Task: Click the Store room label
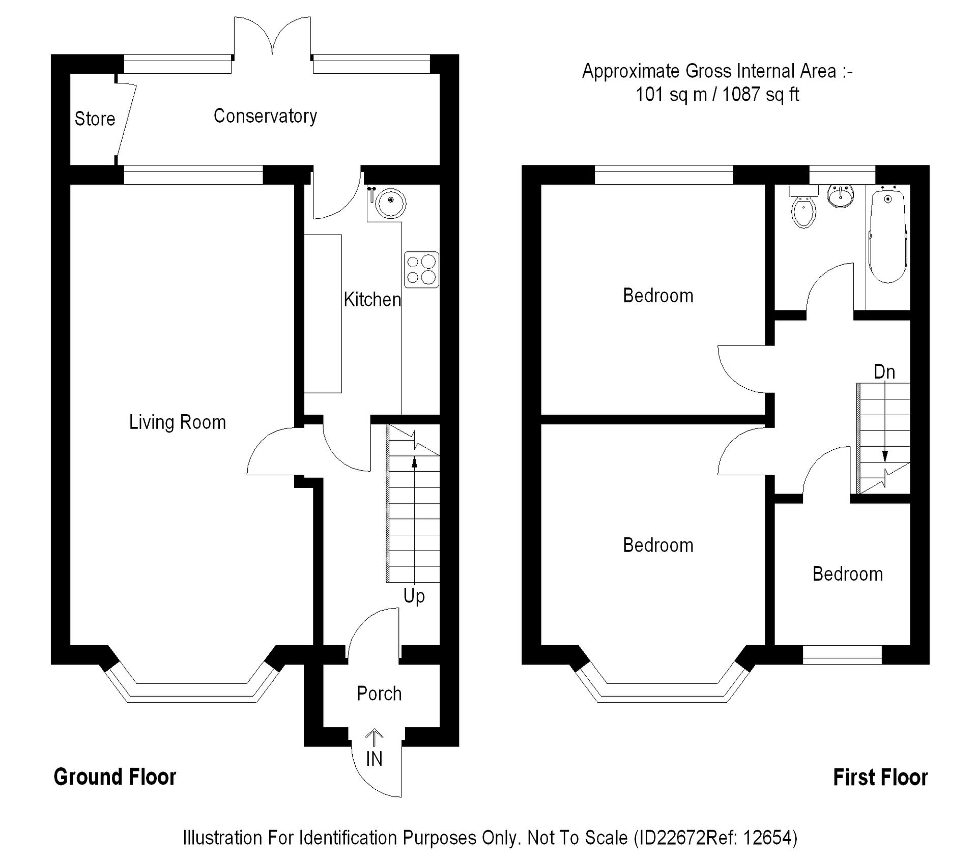click(x=95, y=119)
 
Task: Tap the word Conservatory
click(x=265, y=116)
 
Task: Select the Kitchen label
click(x=372, y=299)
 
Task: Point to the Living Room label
click(x=177, y=422)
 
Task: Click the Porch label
click(x=379, y=693)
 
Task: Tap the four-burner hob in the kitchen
click(x=421, y=270)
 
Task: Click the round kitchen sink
click(x=391, y=203)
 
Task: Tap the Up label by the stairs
click(x=414, y=596)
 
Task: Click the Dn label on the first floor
click(x=884, y=372)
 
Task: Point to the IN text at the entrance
click(x=374, y=759)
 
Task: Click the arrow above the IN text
click(x=374, y=738)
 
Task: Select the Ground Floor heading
click(x=115, y=777)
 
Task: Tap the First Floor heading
click(x=880, y=778)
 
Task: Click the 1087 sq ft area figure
click(x=761, y=94)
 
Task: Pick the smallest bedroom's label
click(x=848, y=574)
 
